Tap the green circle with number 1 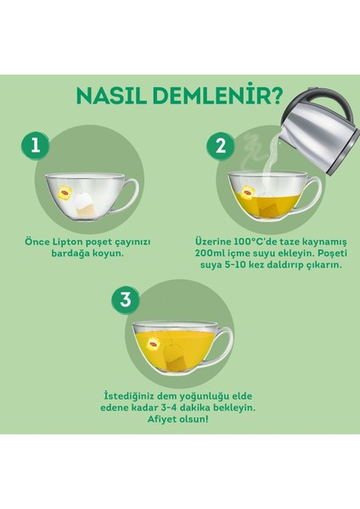[36, 145]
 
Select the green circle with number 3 [126, 299]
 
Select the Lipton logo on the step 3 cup [155, 342]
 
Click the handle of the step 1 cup [127, 196]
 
